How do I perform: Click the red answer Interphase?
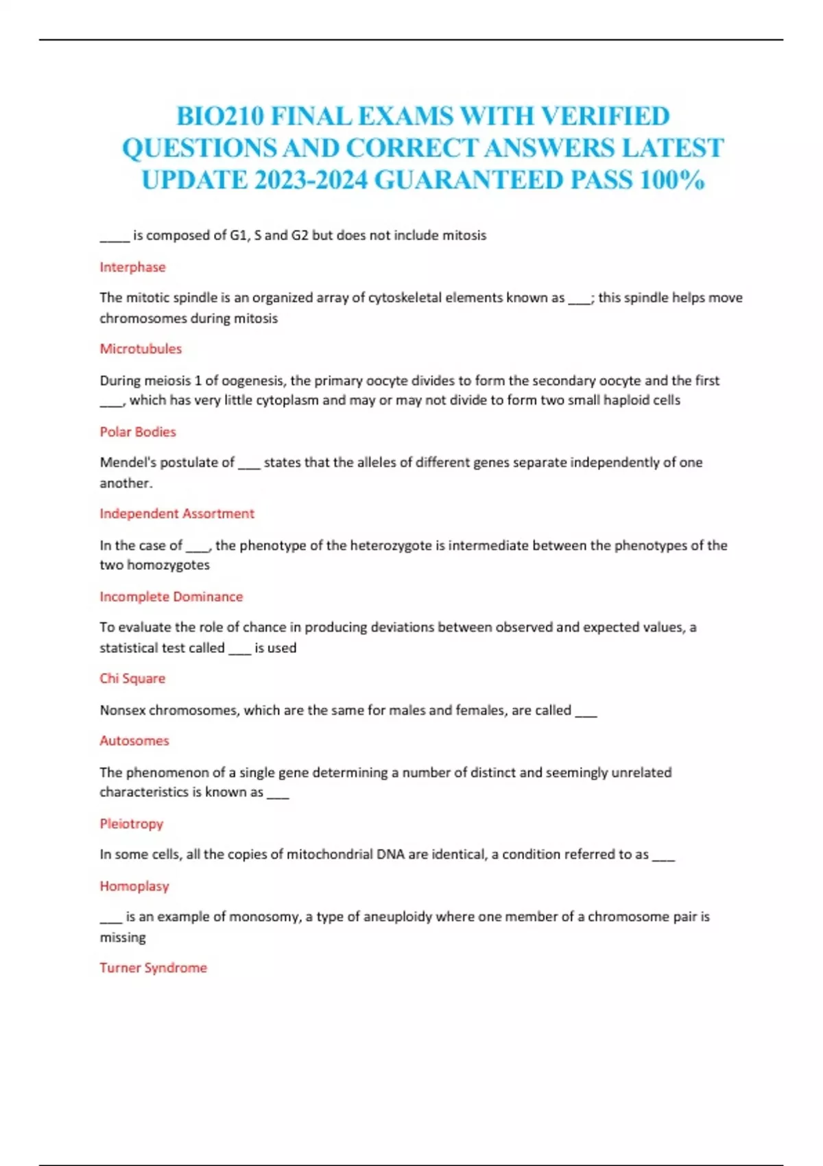(x=132, y=267)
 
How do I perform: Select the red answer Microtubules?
(x=141, y=348)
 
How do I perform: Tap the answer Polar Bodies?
(x=138, y=431)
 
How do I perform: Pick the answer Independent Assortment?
(x=177, y=513)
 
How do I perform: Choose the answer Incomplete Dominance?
(x=171, y=596)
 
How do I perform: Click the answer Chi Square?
(x=132, y=678)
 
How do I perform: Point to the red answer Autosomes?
(x=134, y=740)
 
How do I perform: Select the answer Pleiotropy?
(x=132, y=823)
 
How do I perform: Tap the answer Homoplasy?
(x=134, y=885)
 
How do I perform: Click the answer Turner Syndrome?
(x=154, y=967)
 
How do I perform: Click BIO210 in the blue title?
(x=220, y=116)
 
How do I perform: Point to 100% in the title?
(x=672, y=180)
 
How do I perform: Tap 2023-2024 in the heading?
(x=311, y=180)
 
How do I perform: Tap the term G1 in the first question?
(x=238, y=235)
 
